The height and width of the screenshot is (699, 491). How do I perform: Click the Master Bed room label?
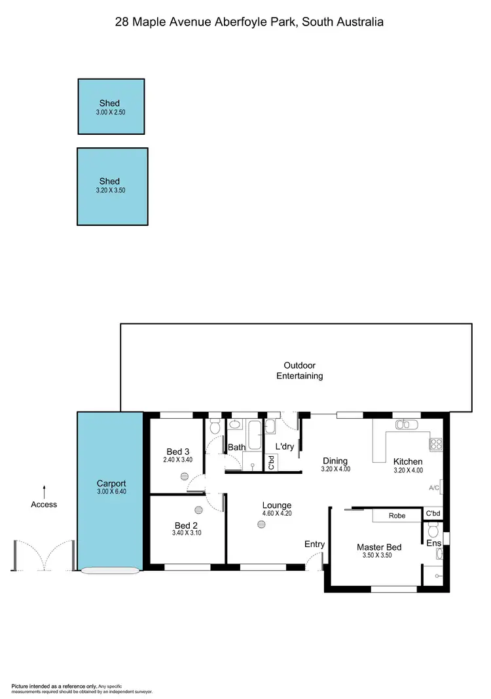point(379,547)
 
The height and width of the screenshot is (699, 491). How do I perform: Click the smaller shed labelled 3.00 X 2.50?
point(111,107)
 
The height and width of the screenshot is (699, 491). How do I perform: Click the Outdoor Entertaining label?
point(299,370)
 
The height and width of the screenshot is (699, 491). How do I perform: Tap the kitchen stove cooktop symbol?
point(436,444)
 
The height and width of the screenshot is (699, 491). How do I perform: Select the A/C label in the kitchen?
point(433,488)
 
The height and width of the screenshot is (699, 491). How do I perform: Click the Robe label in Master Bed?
point(397,516)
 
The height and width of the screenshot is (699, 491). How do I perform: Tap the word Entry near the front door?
point(314,544)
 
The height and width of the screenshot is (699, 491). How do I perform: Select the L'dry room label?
point(284,446)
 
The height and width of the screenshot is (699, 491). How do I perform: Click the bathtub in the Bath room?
point(255,433)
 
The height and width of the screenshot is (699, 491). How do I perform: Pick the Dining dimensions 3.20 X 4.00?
point(336,469)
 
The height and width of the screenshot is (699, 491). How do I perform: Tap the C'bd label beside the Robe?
point(433,514)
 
